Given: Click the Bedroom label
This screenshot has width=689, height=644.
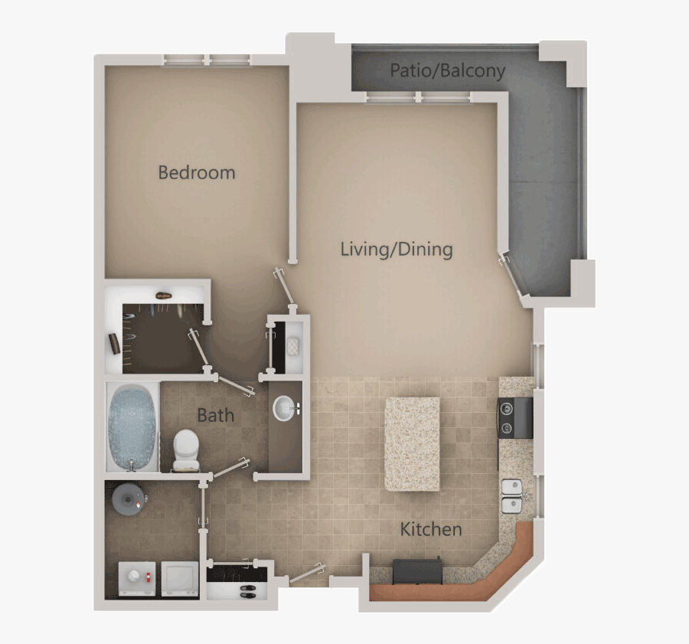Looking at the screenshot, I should click(196, 172).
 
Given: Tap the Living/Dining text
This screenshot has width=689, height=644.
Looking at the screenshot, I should click(396, 249).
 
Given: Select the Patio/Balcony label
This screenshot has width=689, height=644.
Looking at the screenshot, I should click(447, 71).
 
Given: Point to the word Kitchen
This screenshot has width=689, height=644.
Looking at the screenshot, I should click(431, 529).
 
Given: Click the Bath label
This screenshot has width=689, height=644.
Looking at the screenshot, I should click(215, 416).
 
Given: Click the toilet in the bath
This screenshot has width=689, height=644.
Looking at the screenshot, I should click(186, 449).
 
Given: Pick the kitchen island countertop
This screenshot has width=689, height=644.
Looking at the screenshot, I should click(412, 443).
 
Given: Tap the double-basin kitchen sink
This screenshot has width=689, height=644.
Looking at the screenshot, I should click(511, 495).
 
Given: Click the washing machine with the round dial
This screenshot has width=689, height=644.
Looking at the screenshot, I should click(136, 580).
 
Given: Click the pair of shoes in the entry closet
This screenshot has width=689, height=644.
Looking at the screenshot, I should click(250, 590).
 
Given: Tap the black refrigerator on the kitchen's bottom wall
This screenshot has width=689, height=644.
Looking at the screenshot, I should click(416, 571).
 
